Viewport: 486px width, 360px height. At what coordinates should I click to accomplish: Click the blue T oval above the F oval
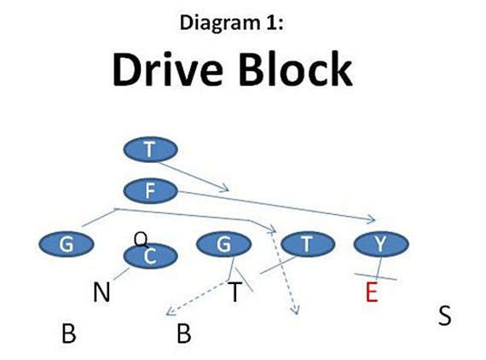(x=150, y=150)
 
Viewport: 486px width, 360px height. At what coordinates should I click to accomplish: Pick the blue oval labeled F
(x=150, y=191)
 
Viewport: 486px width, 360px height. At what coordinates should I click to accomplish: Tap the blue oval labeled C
(x=150, y=255)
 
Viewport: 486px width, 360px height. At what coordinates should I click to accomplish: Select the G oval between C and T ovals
(x=224, y=244)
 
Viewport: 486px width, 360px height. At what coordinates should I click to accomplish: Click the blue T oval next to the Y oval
(x=306, y=244)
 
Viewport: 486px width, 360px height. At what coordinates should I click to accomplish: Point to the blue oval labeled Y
(x=380, y=244)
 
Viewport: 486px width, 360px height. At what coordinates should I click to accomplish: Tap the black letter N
(x=101, y=293)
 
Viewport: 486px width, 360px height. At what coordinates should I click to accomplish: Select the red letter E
(x=370, y=293)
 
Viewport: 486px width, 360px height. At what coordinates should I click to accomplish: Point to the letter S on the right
(x=444, y=316)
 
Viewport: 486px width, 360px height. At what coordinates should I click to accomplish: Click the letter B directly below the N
(x=69, y=333)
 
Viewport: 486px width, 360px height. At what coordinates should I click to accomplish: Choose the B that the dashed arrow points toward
(x=183, y=333)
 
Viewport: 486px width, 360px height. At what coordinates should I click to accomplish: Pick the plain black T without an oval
(x=234, y=293)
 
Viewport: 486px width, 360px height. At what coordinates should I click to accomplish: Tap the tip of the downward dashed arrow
(x=295, y=315)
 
